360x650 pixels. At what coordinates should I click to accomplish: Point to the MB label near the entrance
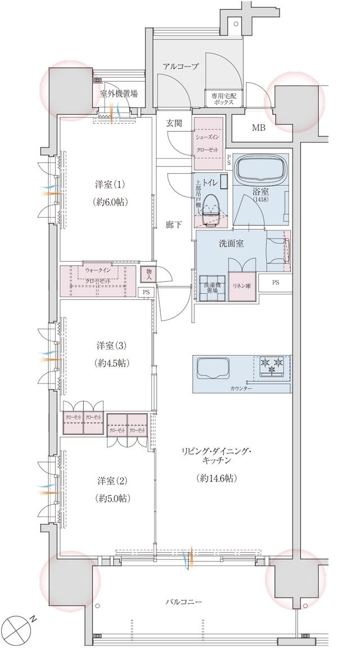(258, 128)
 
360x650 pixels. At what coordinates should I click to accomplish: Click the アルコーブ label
(181, 66)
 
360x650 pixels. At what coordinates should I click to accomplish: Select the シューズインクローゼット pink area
(209, 144)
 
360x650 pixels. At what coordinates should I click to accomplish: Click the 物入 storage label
(148, 274)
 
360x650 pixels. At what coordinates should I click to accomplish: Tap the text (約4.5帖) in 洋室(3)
(111, 363)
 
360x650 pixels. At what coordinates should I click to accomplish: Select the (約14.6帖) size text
(217, 478)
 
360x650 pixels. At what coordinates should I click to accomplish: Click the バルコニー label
(183, 602)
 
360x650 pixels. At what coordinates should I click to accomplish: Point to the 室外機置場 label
(119, 93)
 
